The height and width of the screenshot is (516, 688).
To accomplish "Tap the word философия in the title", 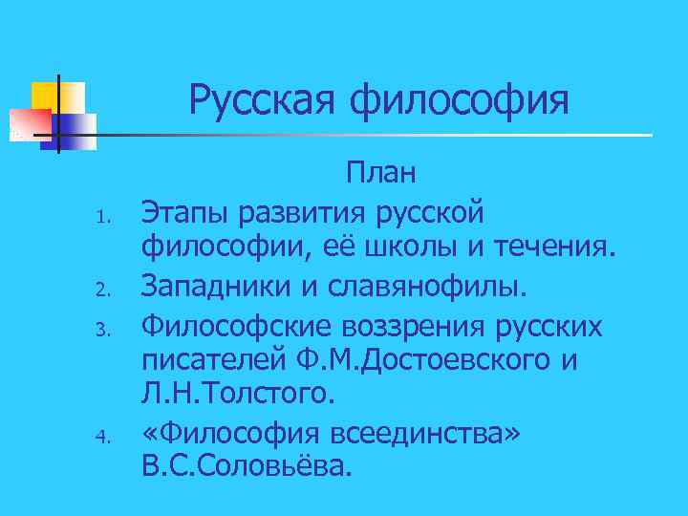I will tap(462, 100).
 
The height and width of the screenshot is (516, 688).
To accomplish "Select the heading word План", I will tap(381, 174).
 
